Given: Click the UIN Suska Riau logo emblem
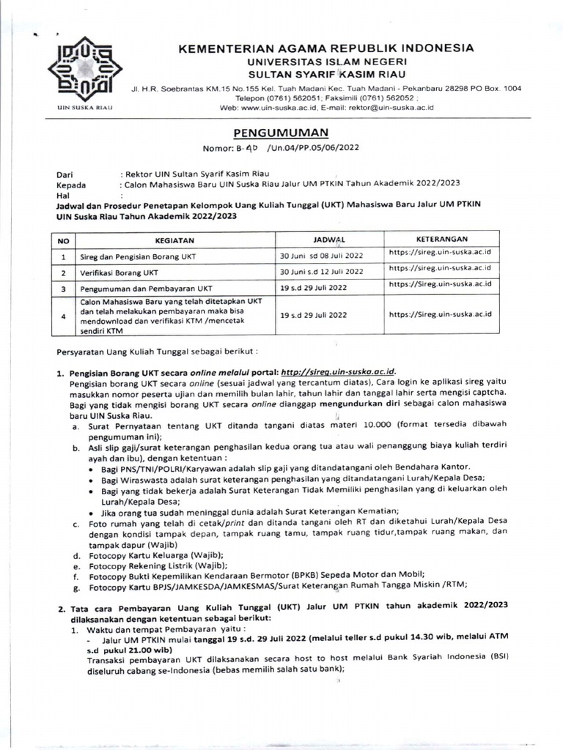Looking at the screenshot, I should pyautogui.click(x=79, y=72).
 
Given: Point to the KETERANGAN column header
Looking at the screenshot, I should pyautogui.click(x=442, y=239).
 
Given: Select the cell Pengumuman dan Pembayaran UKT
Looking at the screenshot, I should pyautogui.click(x=147, y=288).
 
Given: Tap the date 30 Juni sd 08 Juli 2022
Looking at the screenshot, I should pyautogui.click(x=322, y=256).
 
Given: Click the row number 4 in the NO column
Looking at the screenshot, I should pyautogui.click(x=64, y=316).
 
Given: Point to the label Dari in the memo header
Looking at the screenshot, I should pyautogui.click(x=65, y=174).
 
